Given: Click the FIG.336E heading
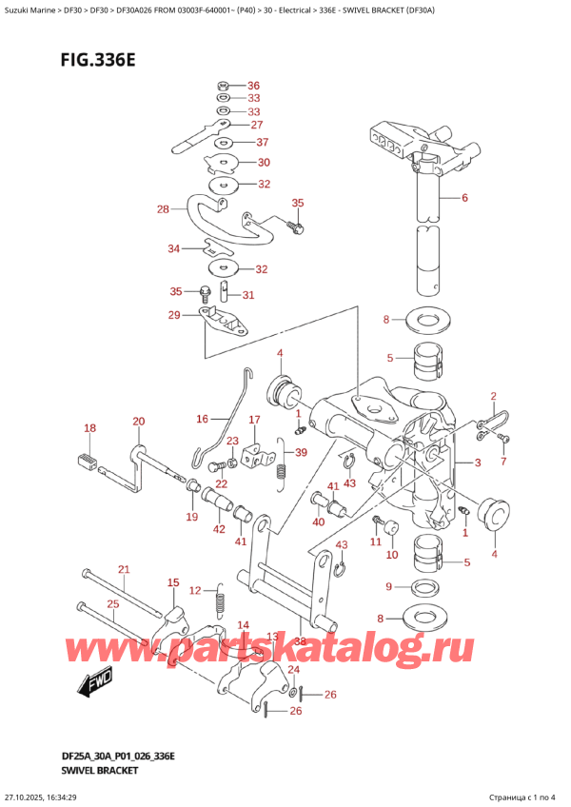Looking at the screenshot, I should (73, 59).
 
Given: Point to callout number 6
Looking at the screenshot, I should (464, 199).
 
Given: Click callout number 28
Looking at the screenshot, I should (163, 208).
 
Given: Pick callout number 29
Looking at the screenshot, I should (173, 315).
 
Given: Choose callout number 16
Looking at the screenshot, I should (202, 418).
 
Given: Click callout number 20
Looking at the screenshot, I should (139, 422).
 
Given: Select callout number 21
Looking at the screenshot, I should (122, 569).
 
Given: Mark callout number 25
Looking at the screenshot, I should (113, 603).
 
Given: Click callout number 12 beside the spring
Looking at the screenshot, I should (195, 591).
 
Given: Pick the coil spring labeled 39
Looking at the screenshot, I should (281, 469).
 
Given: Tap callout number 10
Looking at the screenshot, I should (391, 554).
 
